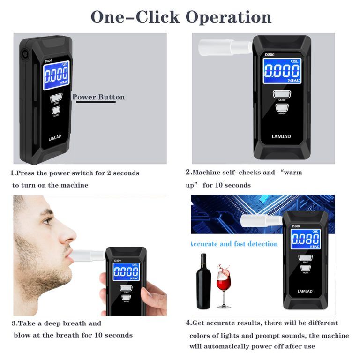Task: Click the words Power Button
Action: (98, 97)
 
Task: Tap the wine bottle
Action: (203, 281)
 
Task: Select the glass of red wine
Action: (224, 286)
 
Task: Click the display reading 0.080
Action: (306, 239)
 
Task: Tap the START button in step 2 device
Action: (282, 94)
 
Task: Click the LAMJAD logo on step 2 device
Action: (281, 136)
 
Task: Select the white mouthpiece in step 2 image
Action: (225, 47)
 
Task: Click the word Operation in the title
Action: (228, 17)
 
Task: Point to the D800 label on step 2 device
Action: (270, 55)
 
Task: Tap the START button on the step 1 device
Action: (56, 98)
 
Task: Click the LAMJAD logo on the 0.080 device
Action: (305, 291)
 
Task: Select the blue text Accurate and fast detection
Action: (234, 244)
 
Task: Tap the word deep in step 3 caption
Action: (52, 323)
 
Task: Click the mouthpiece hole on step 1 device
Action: (24, 54)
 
